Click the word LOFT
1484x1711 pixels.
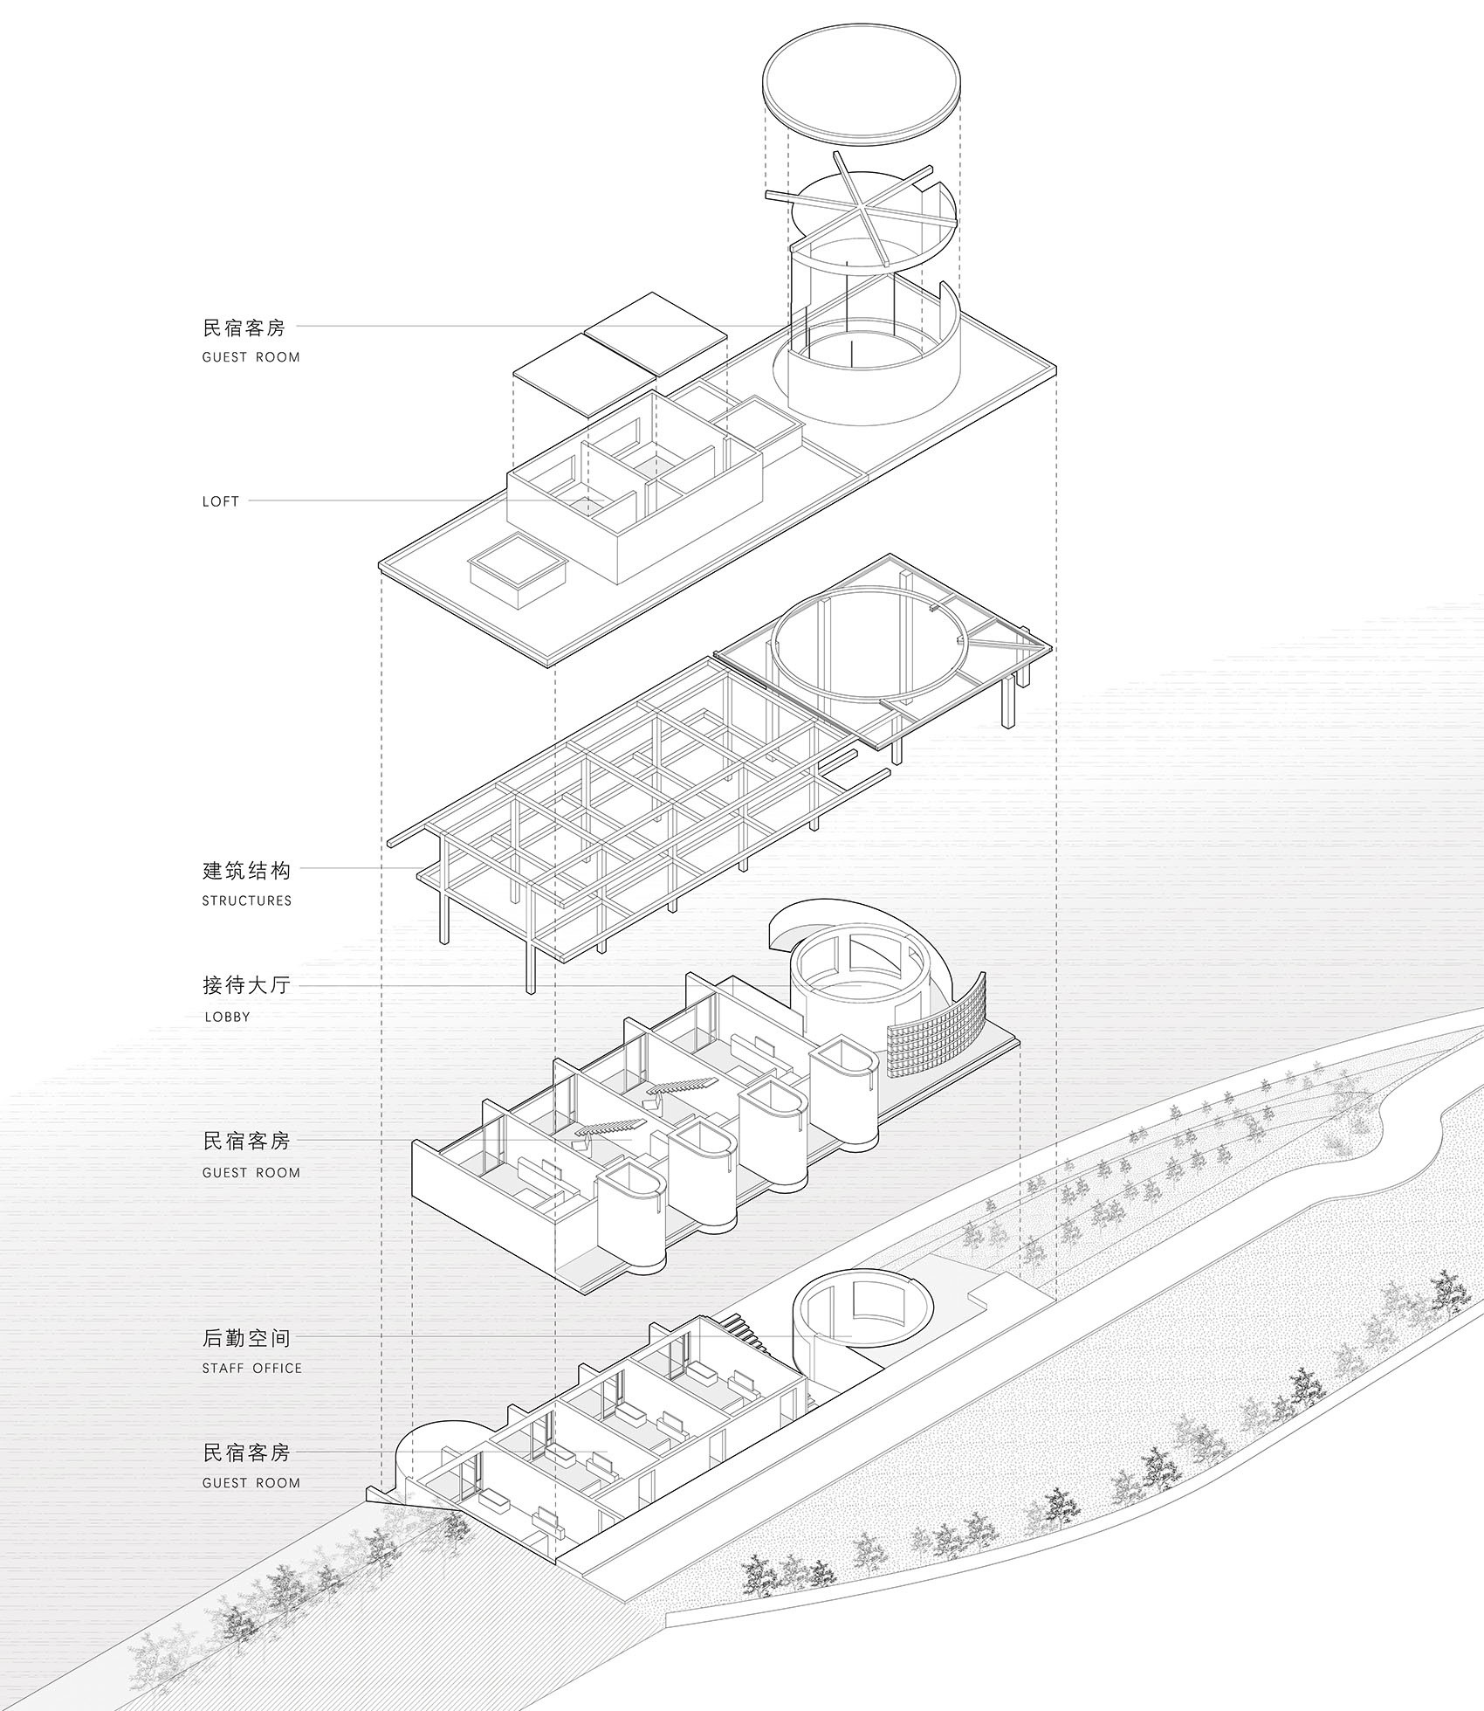point(220,501)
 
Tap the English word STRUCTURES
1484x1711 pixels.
point(247,900)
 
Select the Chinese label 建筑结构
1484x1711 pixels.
point(246,871)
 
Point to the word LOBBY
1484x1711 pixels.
point(227,1017)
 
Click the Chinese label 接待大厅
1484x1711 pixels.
point(246,986)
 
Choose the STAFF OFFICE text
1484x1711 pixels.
point(252,1368)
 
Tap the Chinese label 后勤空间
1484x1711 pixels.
point(246,1337)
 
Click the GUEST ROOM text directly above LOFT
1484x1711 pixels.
point(251,357)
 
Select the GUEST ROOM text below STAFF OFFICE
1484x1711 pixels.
point(251,1483)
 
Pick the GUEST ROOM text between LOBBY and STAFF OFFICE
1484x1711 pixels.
point(251,1173)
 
